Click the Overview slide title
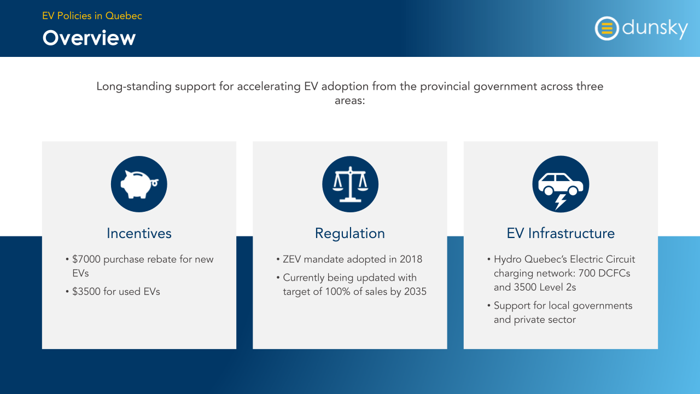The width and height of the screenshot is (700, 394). tap(89, 38)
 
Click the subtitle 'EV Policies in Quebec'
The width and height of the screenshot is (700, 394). tap(92, 16)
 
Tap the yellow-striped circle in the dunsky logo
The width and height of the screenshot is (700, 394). tap(607, 28)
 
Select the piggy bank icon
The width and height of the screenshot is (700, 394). tap(139, 184)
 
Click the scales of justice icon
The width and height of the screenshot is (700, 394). tap(351, 184)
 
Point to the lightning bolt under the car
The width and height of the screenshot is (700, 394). tap(561, 202)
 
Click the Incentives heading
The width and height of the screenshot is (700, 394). tap(139, 233)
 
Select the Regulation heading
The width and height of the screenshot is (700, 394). tap(350, 234)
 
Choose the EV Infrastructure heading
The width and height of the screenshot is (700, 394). tap(561, 233)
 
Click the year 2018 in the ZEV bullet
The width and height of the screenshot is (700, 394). tap(411, 259)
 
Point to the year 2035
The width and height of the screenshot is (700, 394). tap(415, 292)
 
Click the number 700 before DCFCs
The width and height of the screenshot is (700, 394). tap(587, 273)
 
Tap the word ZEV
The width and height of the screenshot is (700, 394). tap(292, 259)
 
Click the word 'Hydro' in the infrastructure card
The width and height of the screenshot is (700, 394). tap(507, 259)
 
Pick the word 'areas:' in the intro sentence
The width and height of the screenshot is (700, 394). tap(349, 101)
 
